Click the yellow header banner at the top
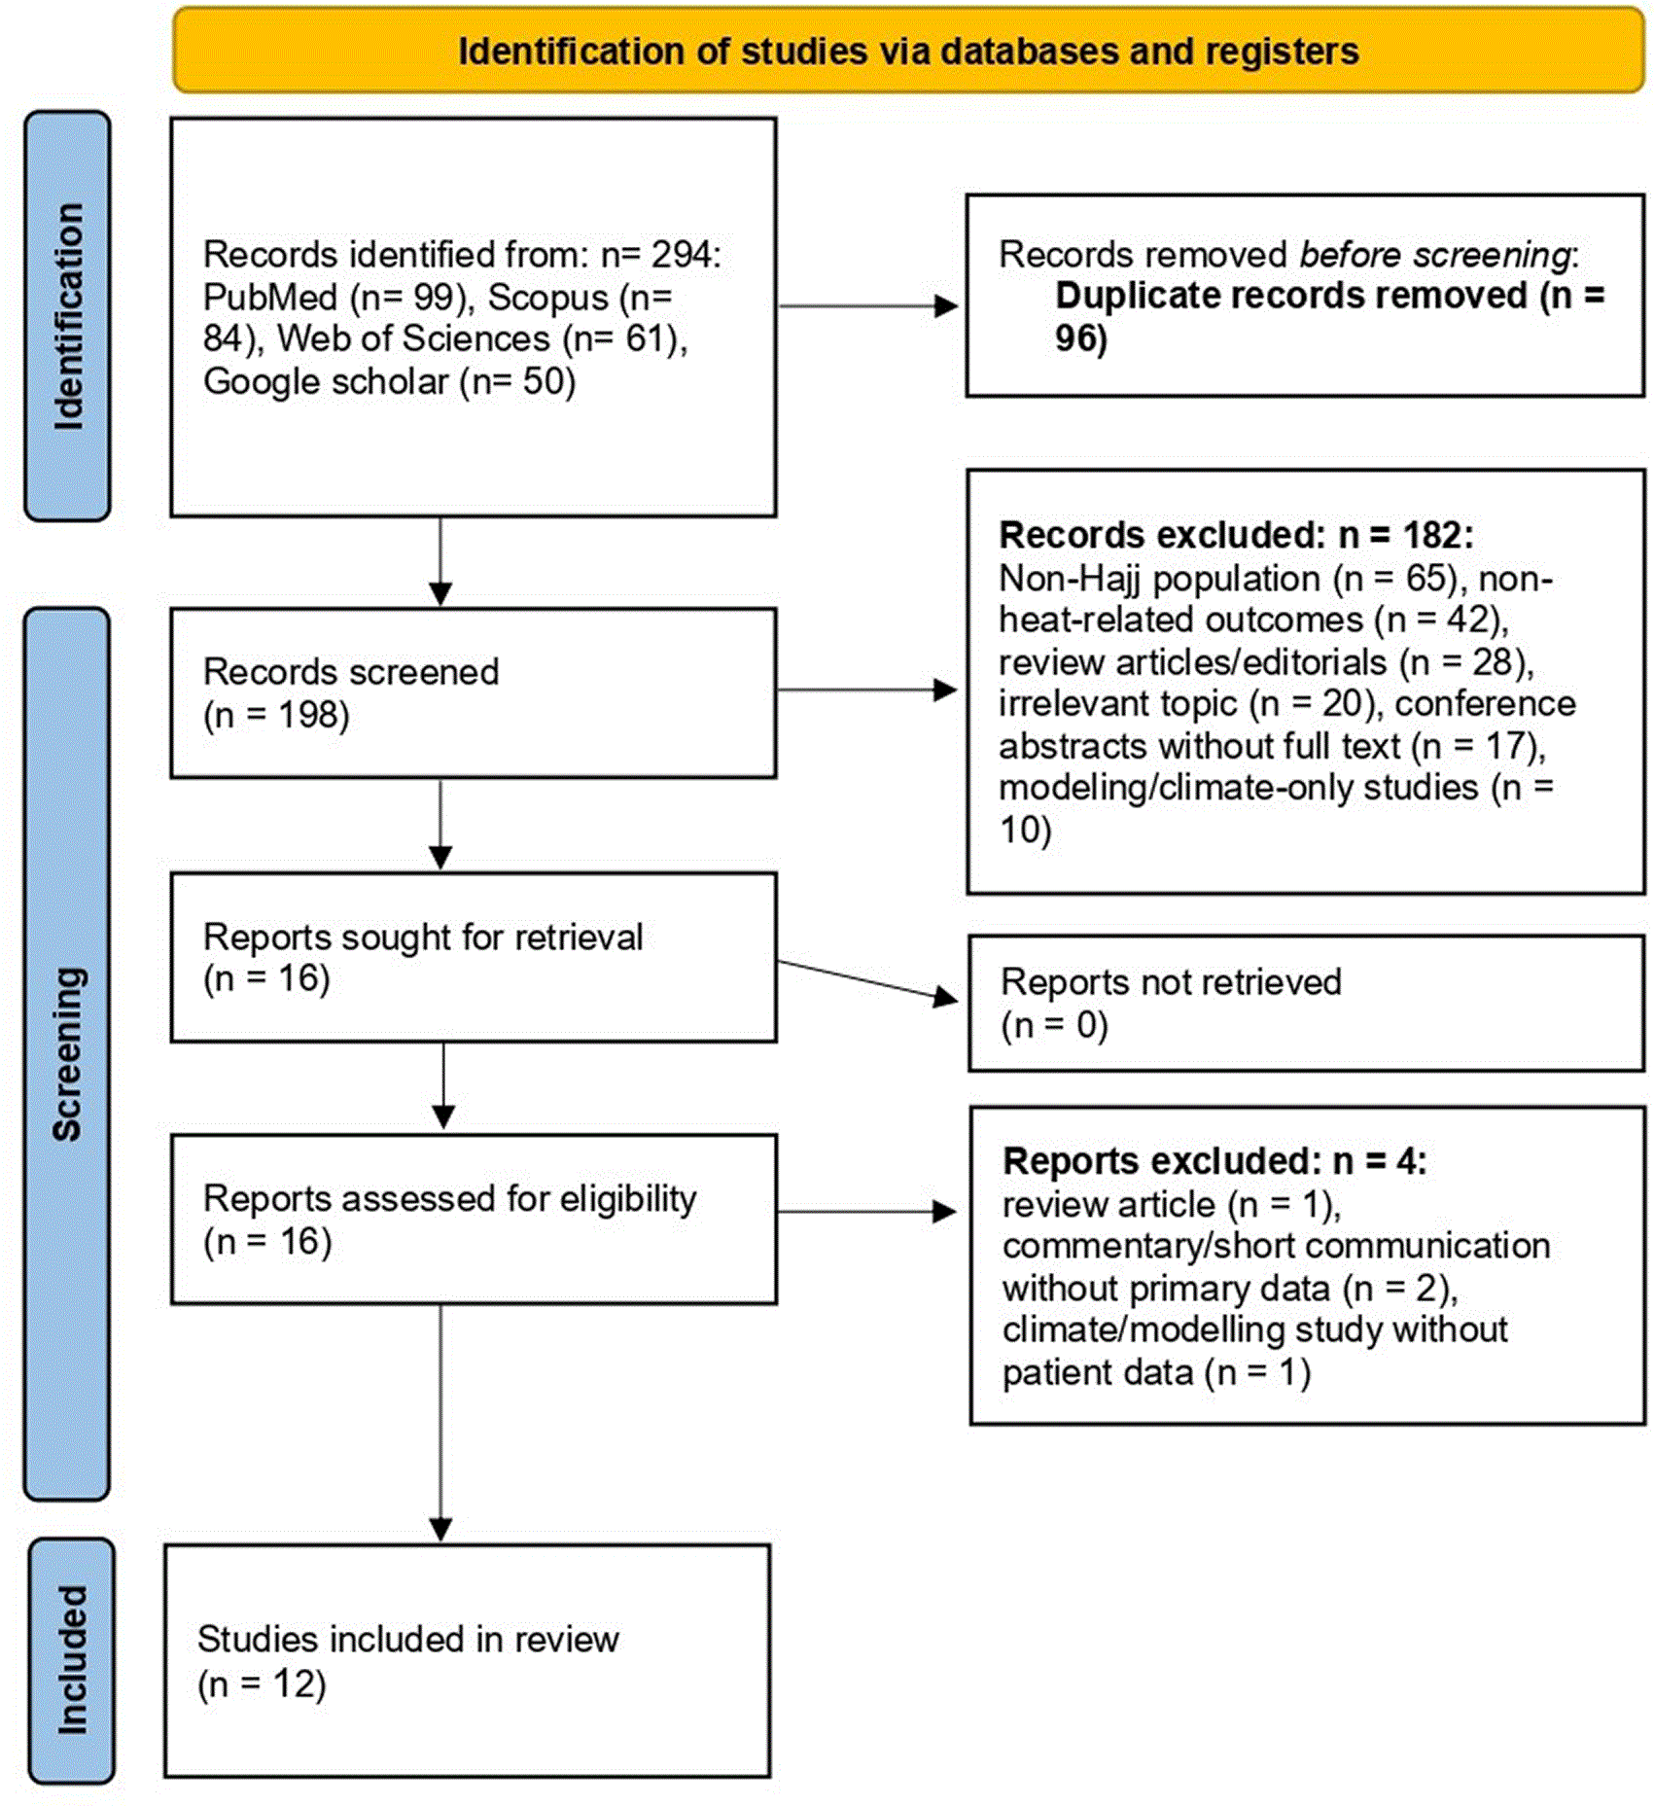point(908,51)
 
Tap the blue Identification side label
point(67,316)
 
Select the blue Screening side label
point(67,1054)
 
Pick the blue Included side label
point(71,1660)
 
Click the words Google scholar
point(326,381)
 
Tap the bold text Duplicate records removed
point(1291,296)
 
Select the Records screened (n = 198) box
point(474,692)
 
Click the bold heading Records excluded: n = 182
point(1236,535)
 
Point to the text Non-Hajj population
point(1159,579)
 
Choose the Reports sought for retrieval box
point(474,957)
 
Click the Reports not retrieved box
point(1306,1003)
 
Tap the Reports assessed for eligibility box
point(474,1219)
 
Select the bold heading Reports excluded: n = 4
point(1214,1160)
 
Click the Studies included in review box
point(468,1660)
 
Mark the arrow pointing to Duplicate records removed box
point(867,305)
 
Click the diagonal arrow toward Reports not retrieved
point(867,980)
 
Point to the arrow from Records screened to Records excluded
point(867,690)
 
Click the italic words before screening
point(1434,255)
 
